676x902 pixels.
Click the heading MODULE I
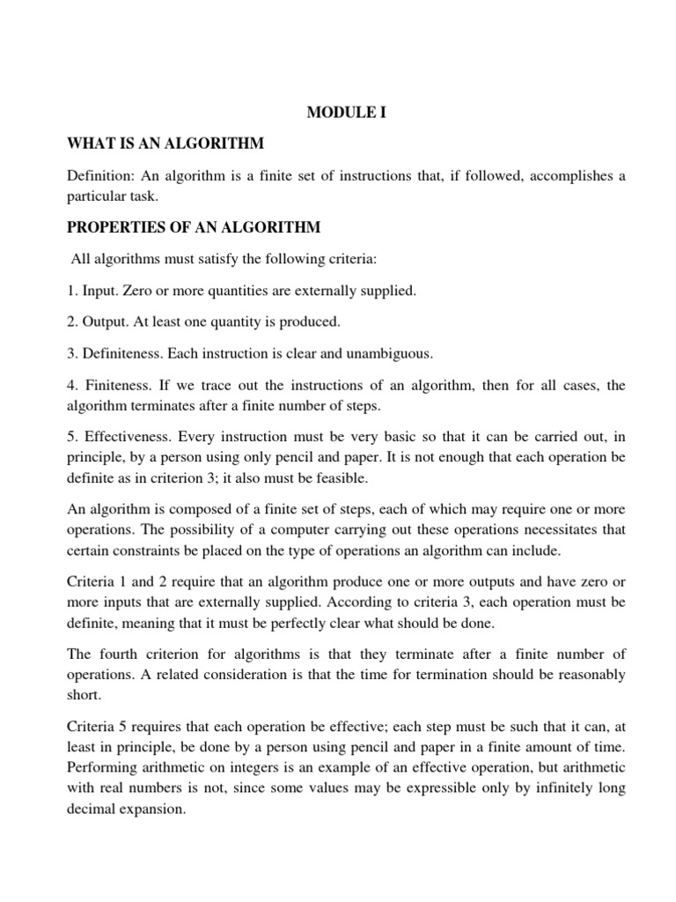coord(346,113)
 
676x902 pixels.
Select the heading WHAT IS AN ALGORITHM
coord(166,143)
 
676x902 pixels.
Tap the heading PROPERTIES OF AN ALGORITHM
coord(195,227)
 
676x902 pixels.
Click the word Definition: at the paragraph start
coord(101,176)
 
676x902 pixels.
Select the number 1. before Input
coord(73,291)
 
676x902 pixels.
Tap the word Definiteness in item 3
coord(125,353)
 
